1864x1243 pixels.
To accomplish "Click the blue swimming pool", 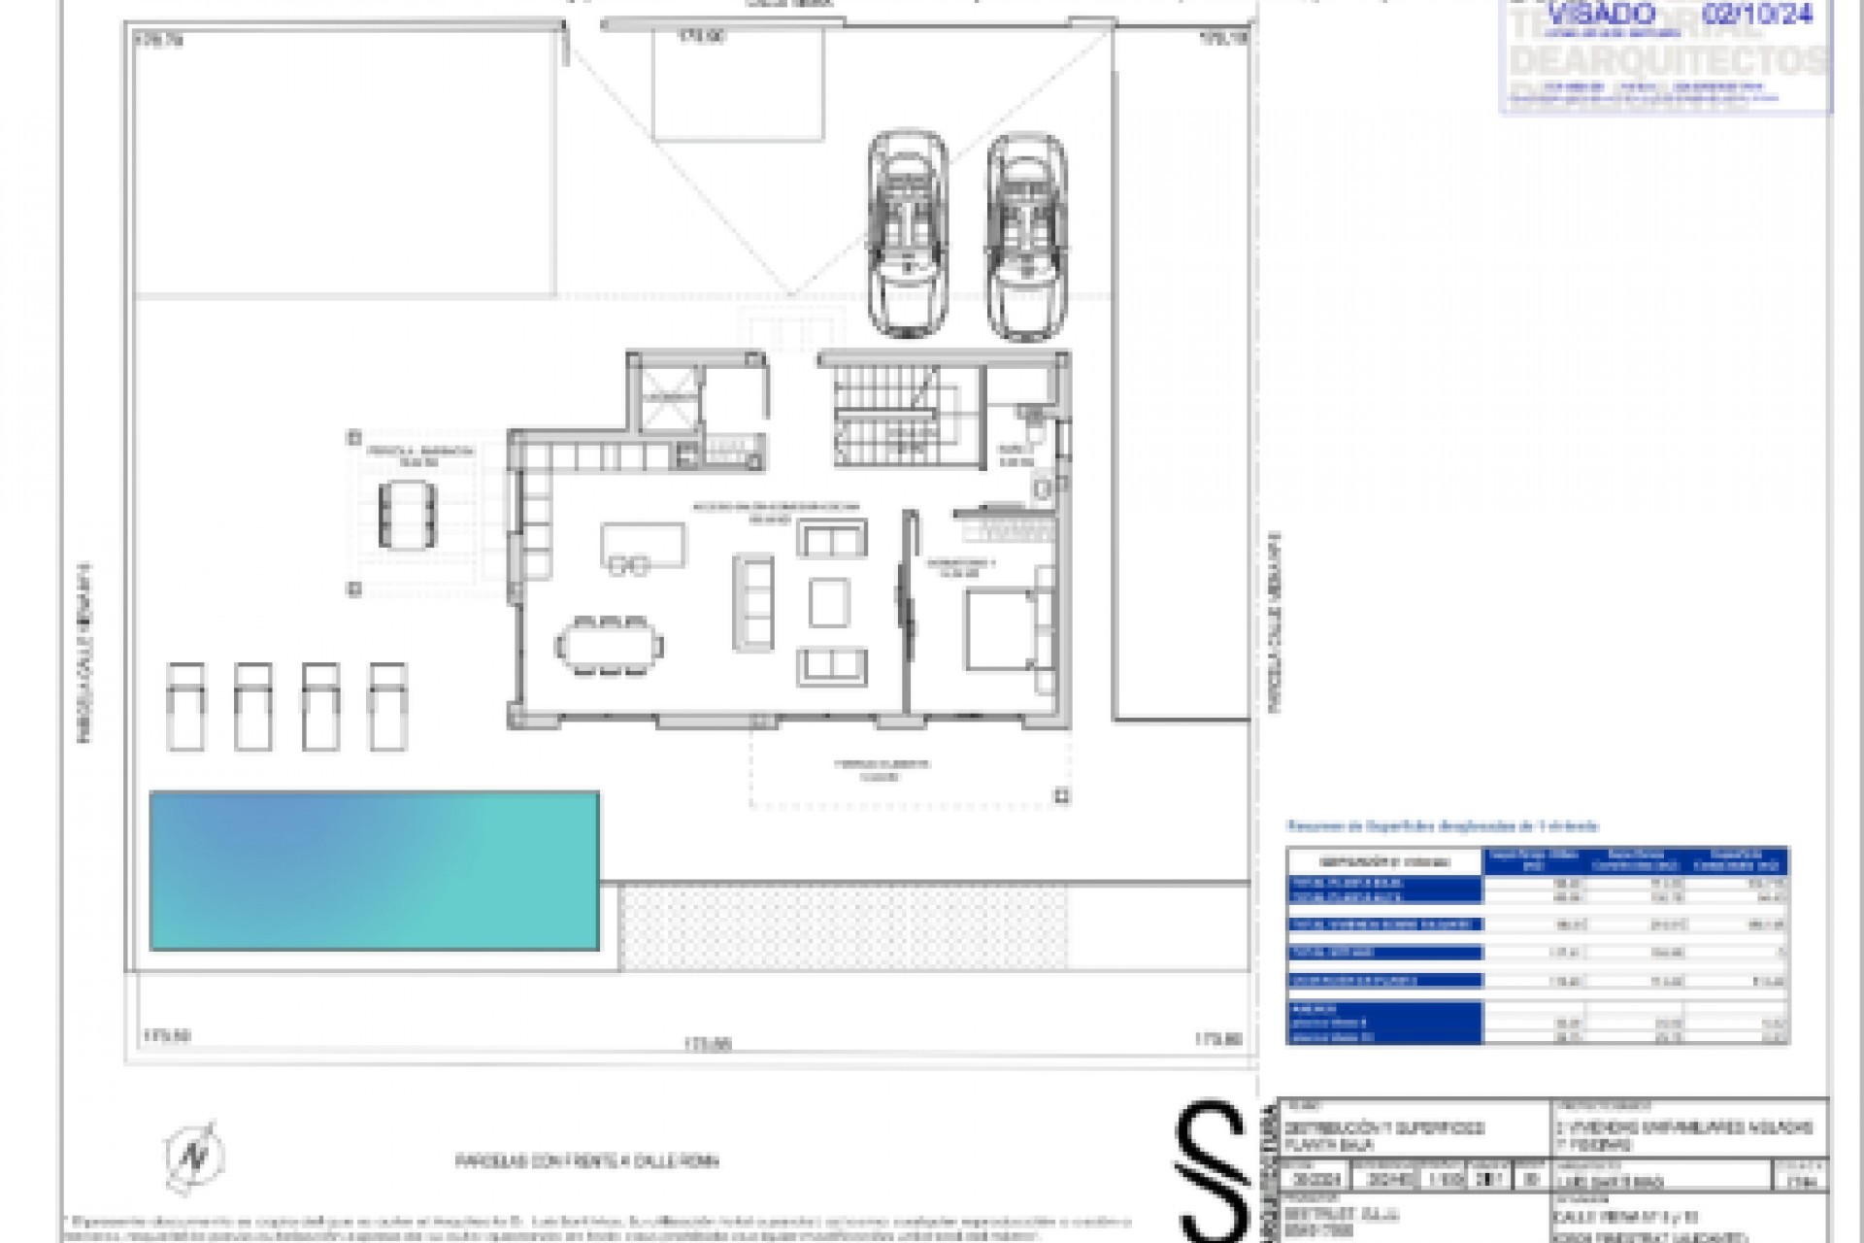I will (x=374, y=870).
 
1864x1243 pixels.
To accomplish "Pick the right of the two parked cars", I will (x=1026, y=239).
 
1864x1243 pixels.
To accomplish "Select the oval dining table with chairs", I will (x=610, y=645).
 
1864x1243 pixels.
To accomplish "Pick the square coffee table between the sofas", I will (x=829, y=602).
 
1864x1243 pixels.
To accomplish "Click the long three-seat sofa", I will (x=753, y=602).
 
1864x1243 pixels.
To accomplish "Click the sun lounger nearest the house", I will (x=387, y=706).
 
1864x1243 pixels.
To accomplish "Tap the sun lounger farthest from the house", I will (x=185, y=706).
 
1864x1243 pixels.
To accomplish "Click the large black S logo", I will (x=1211, y=1170).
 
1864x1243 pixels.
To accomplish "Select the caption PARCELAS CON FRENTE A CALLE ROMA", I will (x=588, y=1161).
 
